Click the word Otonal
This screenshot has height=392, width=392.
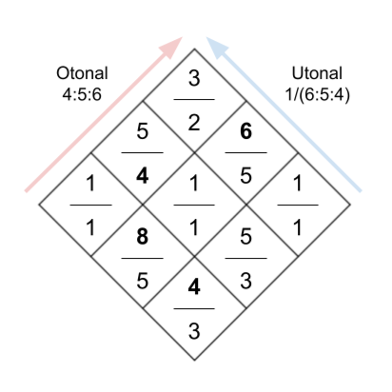click(x=82, y=73)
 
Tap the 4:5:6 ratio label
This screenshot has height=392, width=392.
click(x=82, y=94)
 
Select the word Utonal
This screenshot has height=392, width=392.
click(x=317, y=73)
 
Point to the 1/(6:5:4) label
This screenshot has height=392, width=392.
click(x=318, y=95)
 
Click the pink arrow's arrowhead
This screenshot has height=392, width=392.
click(x=171, y=48)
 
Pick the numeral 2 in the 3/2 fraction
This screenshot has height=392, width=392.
click(x=194, y=123)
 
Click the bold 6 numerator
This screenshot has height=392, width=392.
click(x=246, y=131)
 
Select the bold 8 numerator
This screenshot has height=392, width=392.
click(x=143, y=237)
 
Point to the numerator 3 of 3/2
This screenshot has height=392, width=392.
click(x=194, y=78)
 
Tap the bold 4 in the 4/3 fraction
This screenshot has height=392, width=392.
click(x=194, y=287)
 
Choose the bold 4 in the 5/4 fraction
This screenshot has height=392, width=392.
click(x=143, y=176)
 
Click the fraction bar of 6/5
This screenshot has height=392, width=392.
click(x=246, y=152)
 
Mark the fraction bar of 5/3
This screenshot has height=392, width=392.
click(x=246, y=258)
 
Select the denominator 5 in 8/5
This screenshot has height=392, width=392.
click(x=143, y=281)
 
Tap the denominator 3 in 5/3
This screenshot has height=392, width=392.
click(x=246, y=281)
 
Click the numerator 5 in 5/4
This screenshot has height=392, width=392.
click(x=143, y=131)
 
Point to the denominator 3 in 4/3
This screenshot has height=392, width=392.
click(x=194, y=331)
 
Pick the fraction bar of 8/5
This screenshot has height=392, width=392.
click(x=143, y=258)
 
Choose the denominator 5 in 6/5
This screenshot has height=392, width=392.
click(x=246, y=176)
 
